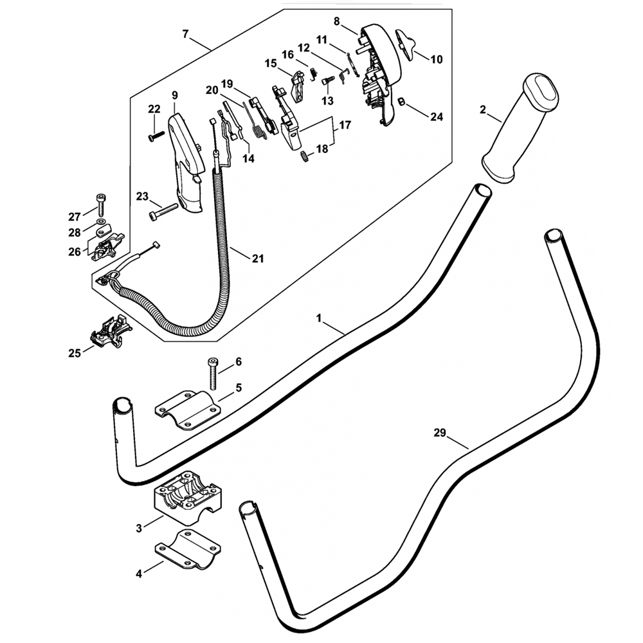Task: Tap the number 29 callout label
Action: pos(440,433)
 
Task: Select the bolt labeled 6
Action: pos(213,374)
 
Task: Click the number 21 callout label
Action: pos(257,258)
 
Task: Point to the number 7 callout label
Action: pos(186,34)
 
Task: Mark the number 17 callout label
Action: pos(345,125)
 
